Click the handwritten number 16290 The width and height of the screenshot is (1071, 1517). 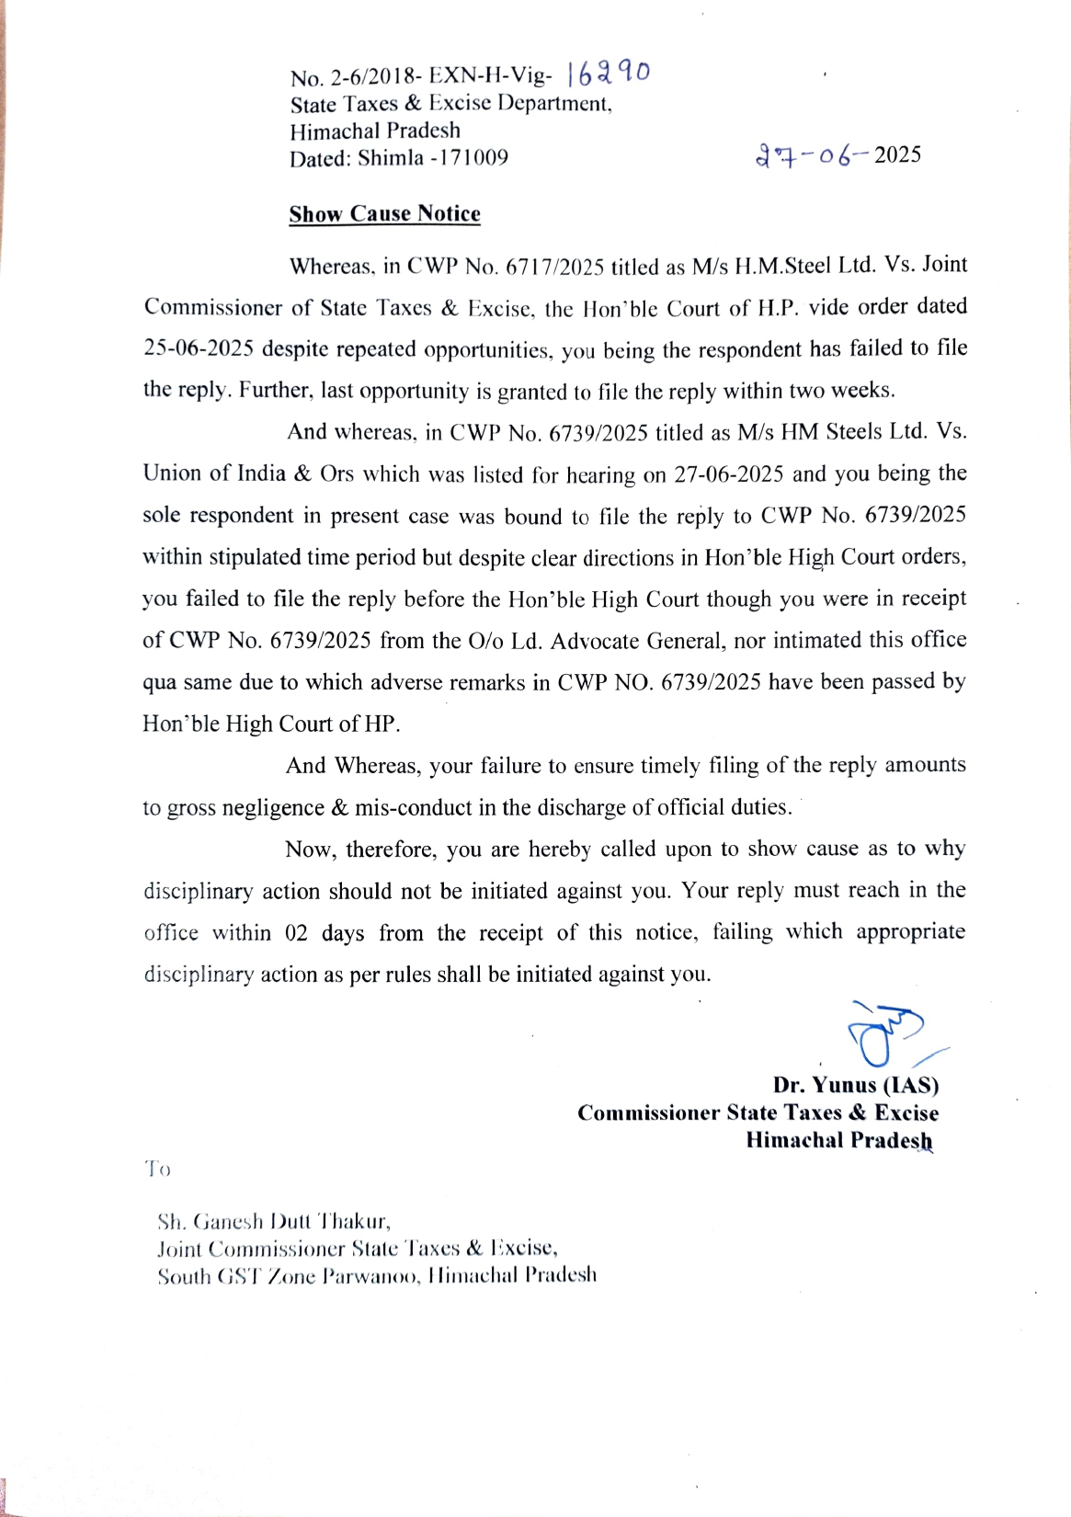[x=609, y=73]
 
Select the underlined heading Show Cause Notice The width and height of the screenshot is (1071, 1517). [x=384, y=214]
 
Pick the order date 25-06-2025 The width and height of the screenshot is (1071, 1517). [x=198, y=349]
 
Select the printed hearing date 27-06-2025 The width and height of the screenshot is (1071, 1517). [x=728, y=474]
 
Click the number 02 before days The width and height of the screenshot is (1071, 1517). [x=296, y=933]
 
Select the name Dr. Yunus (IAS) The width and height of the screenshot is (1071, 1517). [x=855, y=1086]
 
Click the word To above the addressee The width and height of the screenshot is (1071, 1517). [x=157, y=1169]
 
